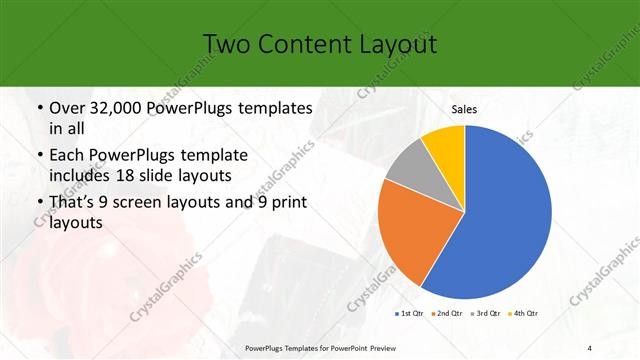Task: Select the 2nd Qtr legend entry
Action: (447, 314)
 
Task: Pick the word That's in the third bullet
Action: (75, 204)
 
